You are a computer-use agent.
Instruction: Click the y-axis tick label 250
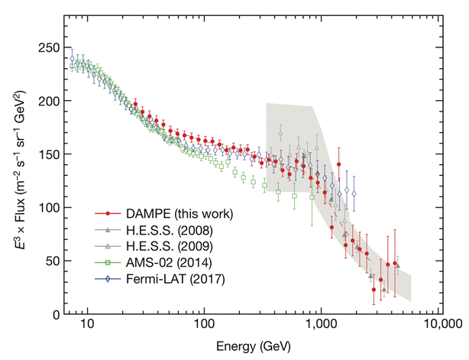50,47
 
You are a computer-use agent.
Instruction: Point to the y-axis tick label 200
50,101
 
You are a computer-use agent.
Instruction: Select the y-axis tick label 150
50,154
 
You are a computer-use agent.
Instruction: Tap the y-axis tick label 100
50,208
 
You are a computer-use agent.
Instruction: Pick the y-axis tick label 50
53,261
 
